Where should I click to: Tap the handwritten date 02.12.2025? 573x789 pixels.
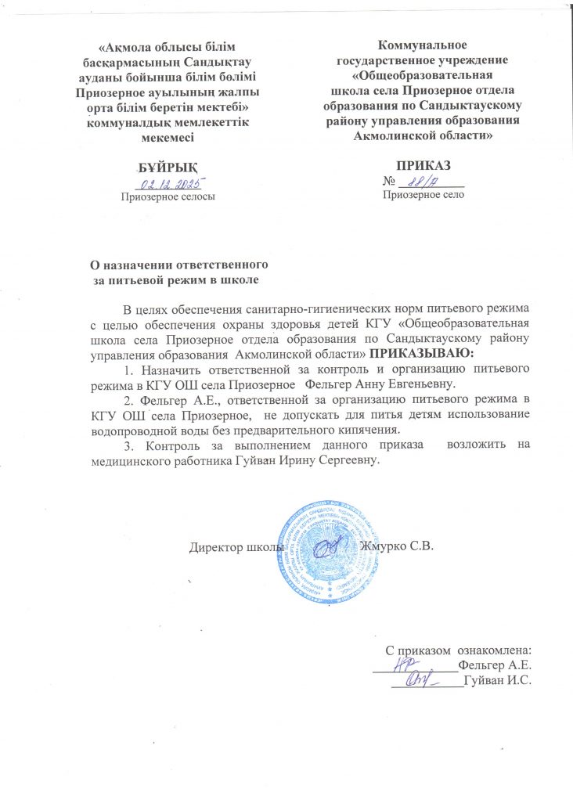[x=170, y=184]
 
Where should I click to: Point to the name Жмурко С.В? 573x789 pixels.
[x=395, y=545]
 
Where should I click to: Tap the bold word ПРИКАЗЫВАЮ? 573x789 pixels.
[x=423, y=354]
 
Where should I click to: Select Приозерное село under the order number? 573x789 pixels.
[x=423, y=195]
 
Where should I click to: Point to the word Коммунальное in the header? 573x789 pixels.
[x=423, y=45]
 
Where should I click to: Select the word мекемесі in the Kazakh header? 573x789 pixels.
[x=165, y=136]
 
